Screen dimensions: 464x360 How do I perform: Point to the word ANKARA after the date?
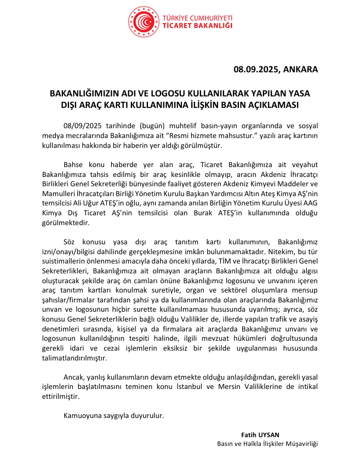(300, 70)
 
